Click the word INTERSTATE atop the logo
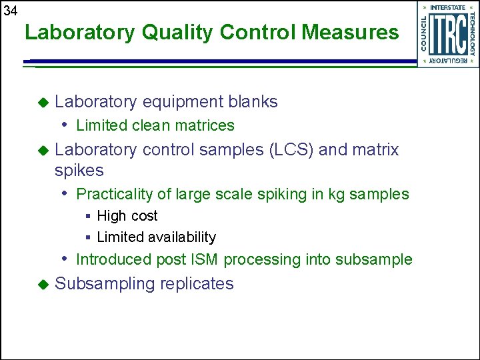[448, 7]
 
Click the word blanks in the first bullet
[253, 101]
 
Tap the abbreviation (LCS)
[291, 150]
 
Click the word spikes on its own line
[79, 171]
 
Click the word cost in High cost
[145, 216]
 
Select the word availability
[182, 237]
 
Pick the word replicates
[197, 283]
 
